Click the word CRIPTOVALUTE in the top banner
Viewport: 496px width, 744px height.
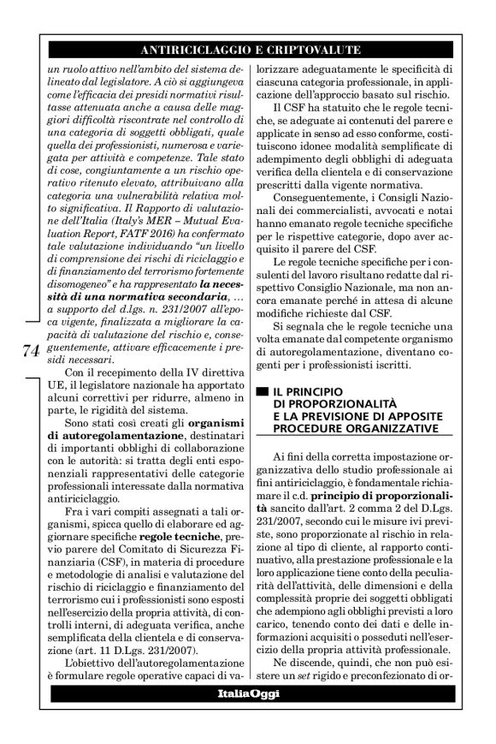tap(316, 49)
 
